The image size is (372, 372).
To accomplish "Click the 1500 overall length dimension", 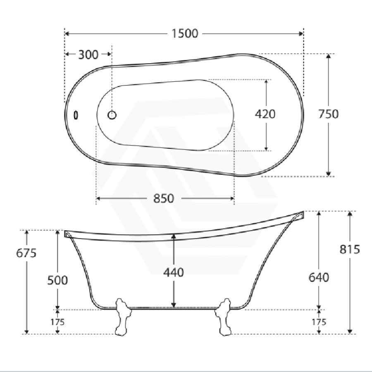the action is (x=185, y=34).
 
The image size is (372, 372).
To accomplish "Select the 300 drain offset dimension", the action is (x=88, y=55).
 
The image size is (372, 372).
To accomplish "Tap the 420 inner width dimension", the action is (x=265, y=114).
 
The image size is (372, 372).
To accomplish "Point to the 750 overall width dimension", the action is (x=328, y=114).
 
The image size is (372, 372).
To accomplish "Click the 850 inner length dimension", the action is (x=164, y=198).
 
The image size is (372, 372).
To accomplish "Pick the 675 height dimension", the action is (x=26, y=253).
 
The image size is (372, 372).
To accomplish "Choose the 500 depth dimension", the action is (x=57, y=280).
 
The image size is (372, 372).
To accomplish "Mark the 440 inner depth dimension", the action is (x=174, y=272).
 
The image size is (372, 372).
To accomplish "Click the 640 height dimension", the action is (x=319, y=277).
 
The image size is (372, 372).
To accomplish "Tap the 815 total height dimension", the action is (x=350, y=249).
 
